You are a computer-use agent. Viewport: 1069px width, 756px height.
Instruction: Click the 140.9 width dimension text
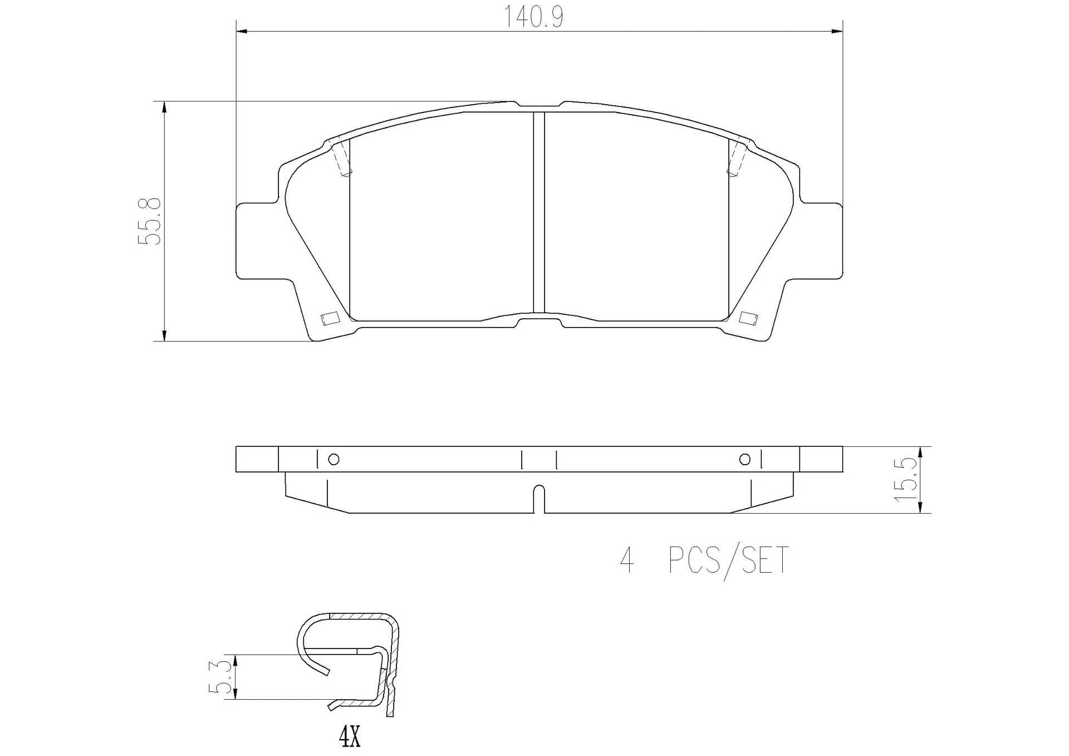[533, 17]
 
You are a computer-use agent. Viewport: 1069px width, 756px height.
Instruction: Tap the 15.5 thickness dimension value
[905, 479]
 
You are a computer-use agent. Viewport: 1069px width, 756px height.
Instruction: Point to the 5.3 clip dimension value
[219, 677]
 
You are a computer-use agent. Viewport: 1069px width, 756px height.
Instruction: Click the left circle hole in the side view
[334, 460]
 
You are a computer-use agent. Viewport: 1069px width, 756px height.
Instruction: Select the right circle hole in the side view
[744, 460]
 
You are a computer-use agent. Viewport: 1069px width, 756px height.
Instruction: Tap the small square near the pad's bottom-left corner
[329, 318]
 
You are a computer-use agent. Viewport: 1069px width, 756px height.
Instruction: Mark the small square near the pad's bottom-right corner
[748, 318]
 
